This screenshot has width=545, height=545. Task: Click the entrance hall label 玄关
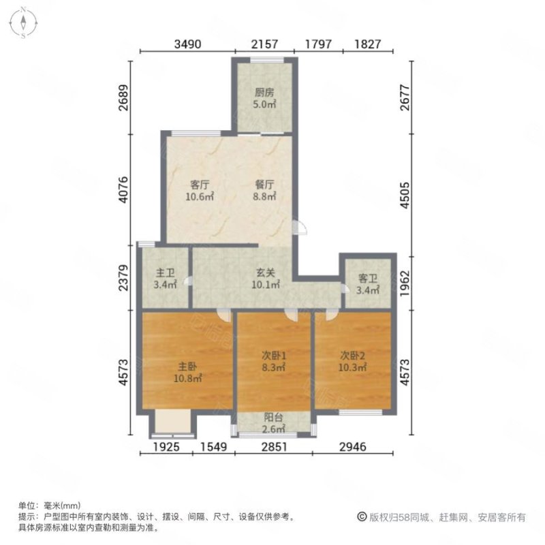pos(266,272)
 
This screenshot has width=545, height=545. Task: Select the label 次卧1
pos(274,354)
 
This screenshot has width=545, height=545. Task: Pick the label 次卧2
pos(353,354)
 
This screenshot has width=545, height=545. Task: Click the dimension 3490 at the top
pos(187,45)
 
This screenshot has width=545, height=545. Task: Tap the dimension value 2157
pos(264,45)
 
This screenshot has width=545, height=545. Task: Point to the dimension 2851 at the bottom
pos(274,448)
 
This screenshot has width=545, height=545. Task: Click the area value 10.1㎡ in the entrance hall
pos(266,285)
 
